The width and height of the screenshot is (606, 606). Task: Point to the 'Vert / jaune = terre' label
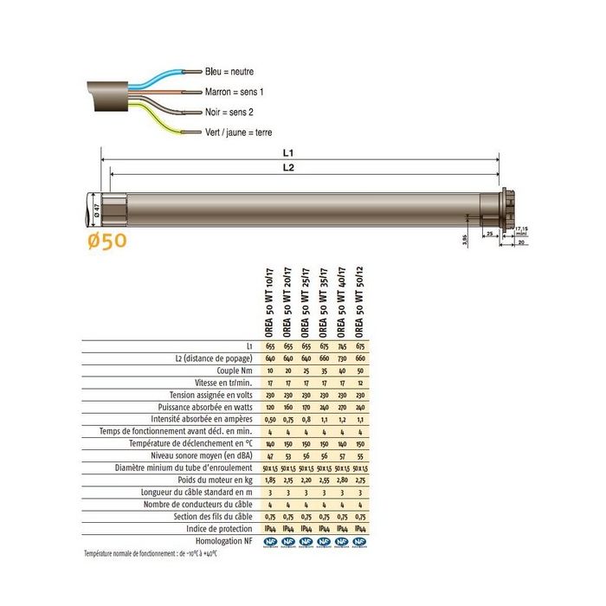[239, 132]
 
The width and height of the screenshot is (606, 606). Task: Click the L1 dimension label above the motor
[288, 152]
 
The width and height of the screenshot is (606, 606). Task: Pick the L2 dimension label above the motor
[288, 169]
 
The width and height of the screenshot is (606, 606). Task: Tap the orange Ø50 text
[107, 240]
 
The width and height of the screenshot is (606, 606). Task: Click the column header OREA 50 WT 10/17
[269, 302]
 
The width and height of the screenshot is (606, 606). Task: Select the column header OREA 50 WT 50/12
[359, 302]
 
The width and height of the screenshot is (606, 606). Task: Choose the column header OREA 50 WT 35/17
[323, 302]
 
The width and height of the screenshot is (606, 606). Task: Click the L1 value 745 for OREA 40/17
[341, 346]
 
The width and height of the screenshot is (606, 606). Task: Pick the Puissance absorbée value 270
[341, 407]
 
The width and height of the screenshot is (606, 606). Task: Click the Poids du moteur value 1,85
[269, 480]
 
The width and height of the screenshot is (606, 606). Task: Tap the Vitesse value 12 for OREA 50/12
[359, 383]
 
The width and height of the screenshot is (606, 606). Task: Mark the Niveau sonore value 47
[269, 455]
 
